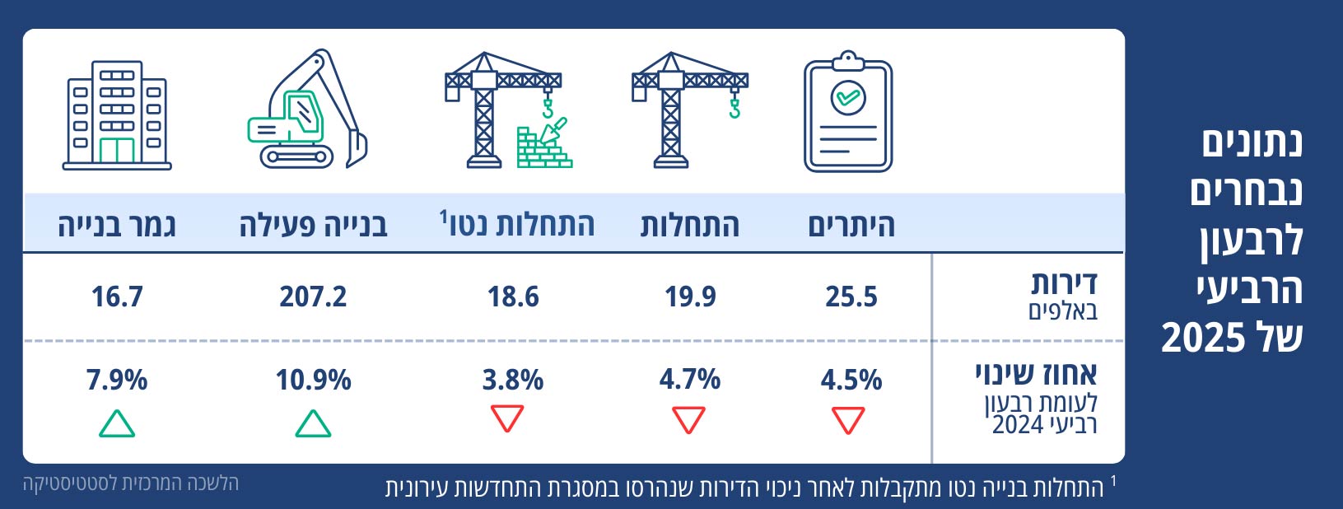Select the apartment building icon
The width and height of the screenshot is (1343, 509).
(117, 115)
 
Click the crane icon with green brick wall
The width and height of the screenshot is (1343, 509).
(506, 111)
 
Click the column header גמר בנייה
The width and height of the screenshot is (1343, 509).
(117, 225)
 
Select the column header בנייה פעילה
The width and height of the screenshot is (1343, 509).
(313, 225)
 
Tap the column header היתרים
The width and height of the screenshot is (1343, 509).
(851, 225)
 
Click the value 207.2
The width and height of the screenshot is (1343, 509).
(313, 297)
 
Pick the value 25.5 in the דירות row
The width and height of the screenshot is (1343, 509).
(851, 297)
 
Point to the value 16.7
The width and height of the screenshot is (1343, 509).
(117, 297)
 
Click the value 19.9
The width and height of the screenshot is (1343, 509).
(690, 297)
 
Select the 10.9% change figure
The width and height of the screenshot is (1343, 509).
(313, 380)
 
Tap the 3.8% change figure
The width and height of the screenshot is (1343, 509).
(512, 380)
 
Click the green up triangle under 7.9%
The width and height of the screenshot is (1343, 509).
(117, 423)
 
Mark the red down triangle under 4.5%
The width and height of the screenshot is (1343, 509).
(848, 419)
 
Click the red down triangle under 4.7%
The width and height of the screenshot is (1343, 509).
(688, 419)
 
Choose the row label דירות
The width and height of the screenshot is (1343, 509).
(1064, 284)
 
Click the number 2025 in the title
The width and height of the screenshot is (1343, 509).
(1203, 338)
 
